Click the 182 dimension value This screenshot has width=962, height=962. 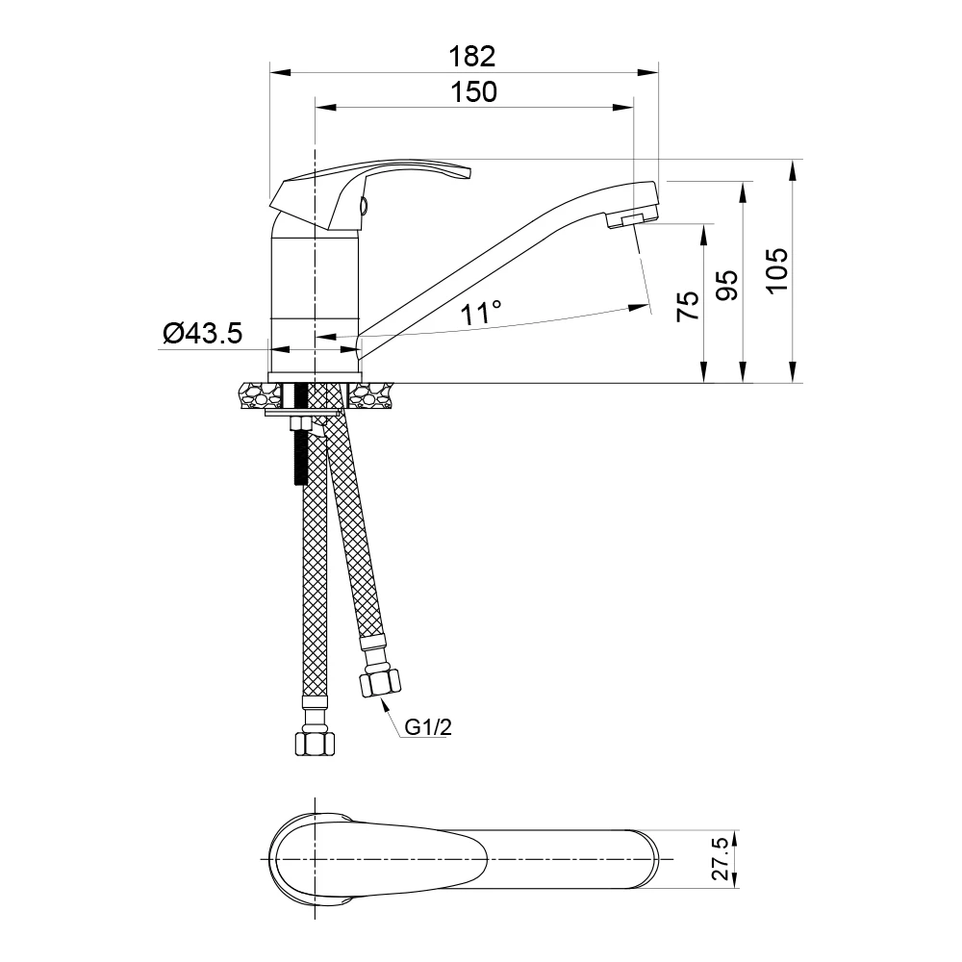tap(471, 57)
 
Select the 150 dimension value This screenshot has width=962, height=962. tap(473, 92)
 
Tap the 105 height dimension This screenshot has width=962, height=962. tap(777, 270)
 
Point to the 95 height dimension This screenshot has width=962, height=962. tap(727, 285)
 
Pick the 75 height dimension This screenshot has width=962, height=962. tap(688, 306)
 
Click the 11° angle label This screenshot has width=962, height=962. tap(482, 313)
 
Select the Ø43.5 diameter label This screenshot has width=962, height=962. tap(203, 333)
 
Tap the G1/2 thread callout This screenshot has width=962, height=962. tap(428, 727)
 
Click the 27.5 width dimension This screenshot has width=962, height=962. tap(721, 859)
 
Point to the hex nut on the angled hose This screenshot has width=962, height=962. tap(378, 682)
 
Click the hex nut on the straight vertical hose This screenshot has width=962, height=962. tap(316, 743)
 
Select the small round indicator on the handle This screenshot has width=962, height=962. tap(364, 205)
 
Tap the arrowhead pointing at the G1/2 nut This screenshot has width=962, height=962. tap(385, 704)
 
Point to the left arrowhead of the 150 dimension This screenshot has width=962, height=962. tap(325, 108)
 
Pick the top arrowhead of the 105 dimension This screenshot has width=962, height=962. tap(794, 169)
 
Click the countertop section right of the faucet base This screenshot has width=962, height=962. tap(370, 394)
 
